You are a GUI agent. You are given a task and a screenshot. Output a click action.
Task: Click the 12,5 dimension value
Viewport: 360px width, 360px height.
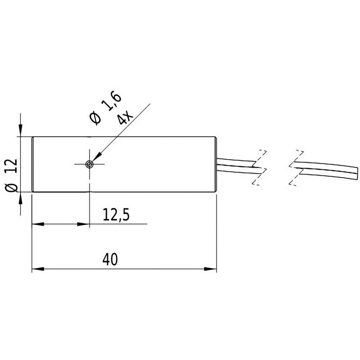click(116, 215)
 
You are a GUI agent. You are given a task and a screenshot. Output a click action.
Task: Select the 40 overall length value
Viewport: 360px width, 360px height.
click(110, 260)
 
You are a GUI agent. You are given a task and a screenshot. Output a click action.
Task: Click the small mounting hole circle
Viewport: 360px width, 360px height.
click(89, 165)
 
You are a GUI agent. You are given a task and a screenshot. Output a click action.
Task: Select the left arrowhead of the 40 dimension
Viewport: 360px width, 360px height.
click(38, 269)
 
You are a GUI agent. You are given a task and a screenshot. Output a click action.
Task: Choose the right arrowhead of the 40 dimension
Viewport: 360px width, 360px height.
click(211, 269)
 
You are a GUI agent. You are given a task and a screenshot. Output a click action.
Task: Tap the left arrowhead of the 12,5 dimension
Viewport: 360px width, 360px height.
click(38, 224)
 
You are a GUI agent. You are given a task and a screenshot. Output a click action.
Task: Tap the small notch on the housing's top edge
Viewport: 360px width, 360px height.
click(89, 137)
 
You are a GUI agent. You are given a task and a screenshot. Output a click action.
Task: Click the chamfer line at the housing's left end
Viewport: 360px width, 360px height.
click(33, 165)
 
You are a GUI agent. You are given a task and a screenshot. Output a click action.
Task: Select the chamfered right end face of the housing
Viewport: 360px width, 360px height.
click(216, 165)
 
